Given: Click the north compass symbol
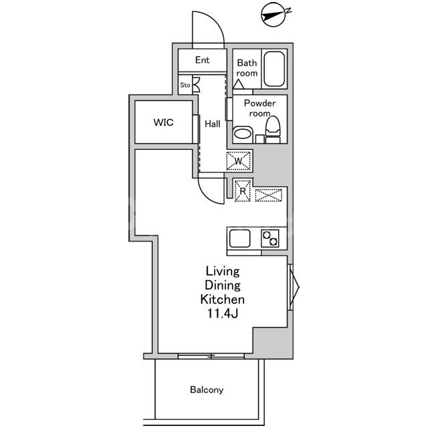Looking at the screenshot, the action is click(274, 15).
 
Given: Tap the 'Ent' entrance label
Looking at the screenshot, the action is click(202, 60).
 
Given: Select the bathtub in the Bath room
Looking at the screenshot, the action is click(274, 69).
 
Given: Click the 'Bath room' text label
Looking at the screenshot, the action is click(247, 68).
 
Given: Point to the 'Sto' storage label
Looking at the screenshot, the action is click(185, 85).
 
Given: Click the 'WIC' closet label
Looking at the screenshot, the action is click(163, 122).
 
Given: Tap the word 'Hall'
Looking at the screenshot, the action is click(213, 124).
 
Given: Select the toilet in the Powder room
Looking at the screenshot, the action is click(273, 129).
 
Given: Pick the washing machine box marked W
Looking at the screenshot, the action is click(238, 161).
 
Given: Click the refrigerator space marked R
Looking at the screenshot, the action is click(243, 191).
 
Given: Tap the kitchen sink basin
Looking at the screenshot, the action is click(239, 238).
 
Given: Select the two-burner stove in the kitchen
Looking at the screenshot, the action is click(270, 238).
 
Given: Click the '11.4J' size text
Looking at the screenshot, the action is click(223, 313).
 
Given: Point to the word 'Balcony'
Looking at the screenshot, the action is click(207, 389).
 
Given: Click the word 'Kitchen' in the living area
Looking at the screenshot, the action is click(223, 300).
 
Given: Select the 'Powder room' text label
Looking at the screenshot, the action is click(259, 108).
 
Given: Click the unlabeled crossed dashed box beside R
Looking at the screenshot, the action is click(269, 195).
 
